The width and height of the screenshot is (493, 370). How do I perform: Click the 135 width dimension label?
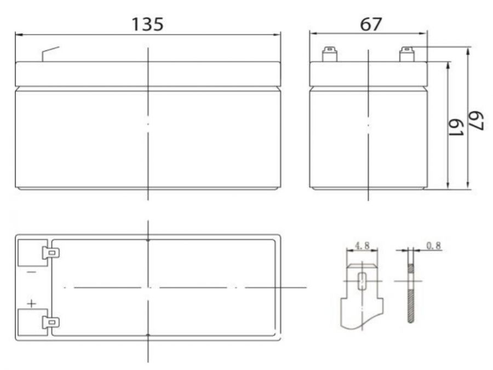coord(147,24)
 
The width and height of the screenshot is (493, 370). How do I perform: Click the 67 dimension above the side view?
coord(370,24)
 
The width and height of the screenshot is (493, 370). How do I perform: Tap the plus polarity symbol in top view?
coord(31,303)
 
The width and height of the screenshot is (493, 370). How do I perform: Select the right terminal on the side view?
coord(406,55)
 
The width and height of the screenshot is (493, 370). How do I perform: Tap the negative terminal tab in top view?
coord(51,253)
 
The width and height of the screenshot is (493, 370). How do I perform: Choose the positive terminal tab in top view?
coord(51,323)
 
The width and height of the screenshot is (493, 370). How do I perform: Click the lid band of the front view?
coord(147,74)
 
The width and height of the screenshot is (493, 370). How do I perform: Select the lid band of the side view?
coord(368,74)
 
